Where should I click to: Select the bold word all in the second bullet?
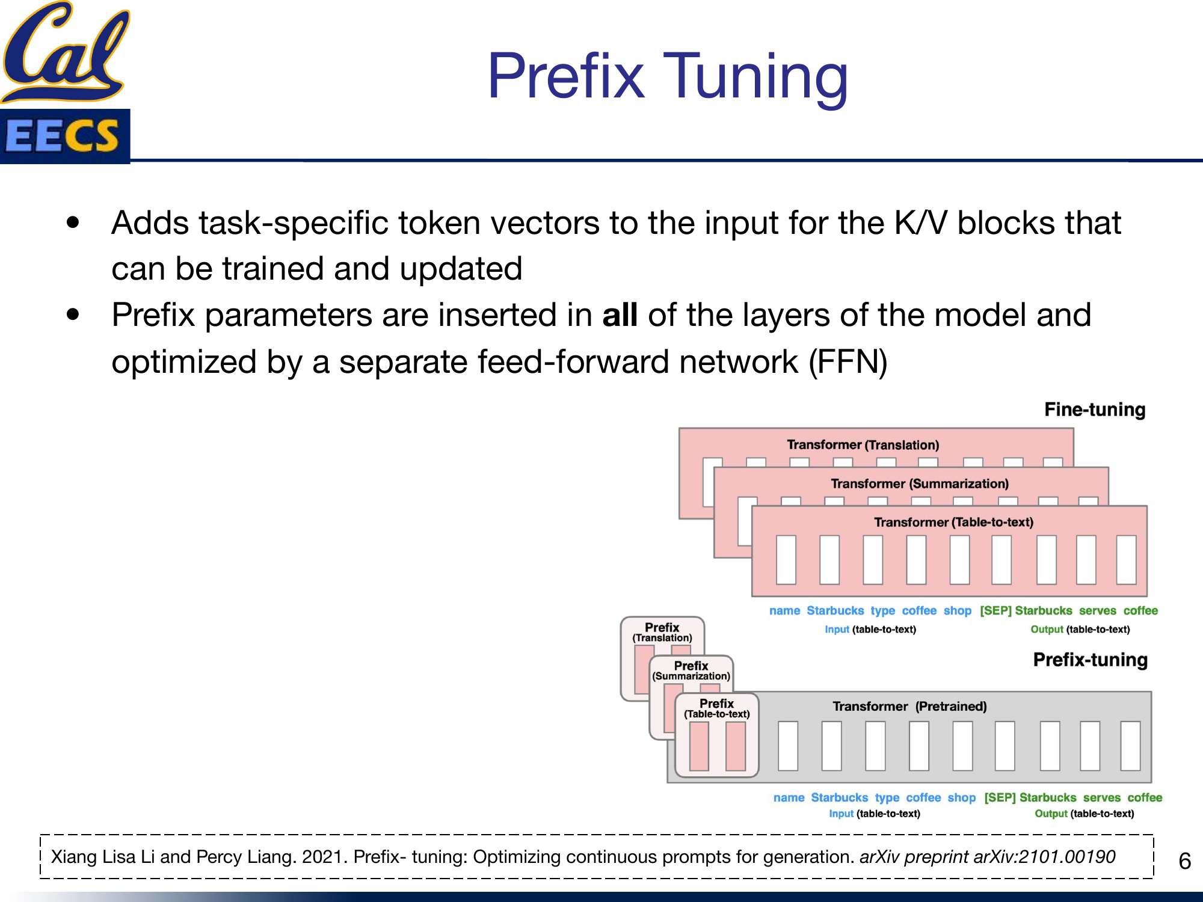click(620, 315)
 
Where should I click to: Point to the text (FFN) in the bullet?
click(848, 362)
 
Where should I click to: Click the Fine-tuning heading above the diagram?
click(1094, 410)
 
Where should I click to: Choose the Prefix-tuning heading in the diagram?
click(1090, 660)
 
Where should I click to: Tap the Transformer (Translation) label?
click(863, 445)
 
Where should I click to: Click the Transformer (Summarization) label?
click(919, 483)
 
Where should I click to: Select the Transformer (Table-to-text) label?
click(953, 522)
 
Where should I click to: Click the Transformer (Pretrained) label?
click(909, 706)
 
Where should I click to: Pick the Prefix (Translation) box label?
click(662, 632)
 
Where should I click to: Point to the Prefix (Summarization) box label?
click(691, 670)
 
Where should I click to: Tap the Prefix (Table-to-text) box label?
click(716, 708)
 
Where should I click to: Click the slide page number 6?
click(1184, 861)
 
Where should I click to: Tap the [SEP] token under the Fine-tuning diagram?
click(995, 610)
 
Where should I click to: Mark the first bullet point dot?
click(73, 222)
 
